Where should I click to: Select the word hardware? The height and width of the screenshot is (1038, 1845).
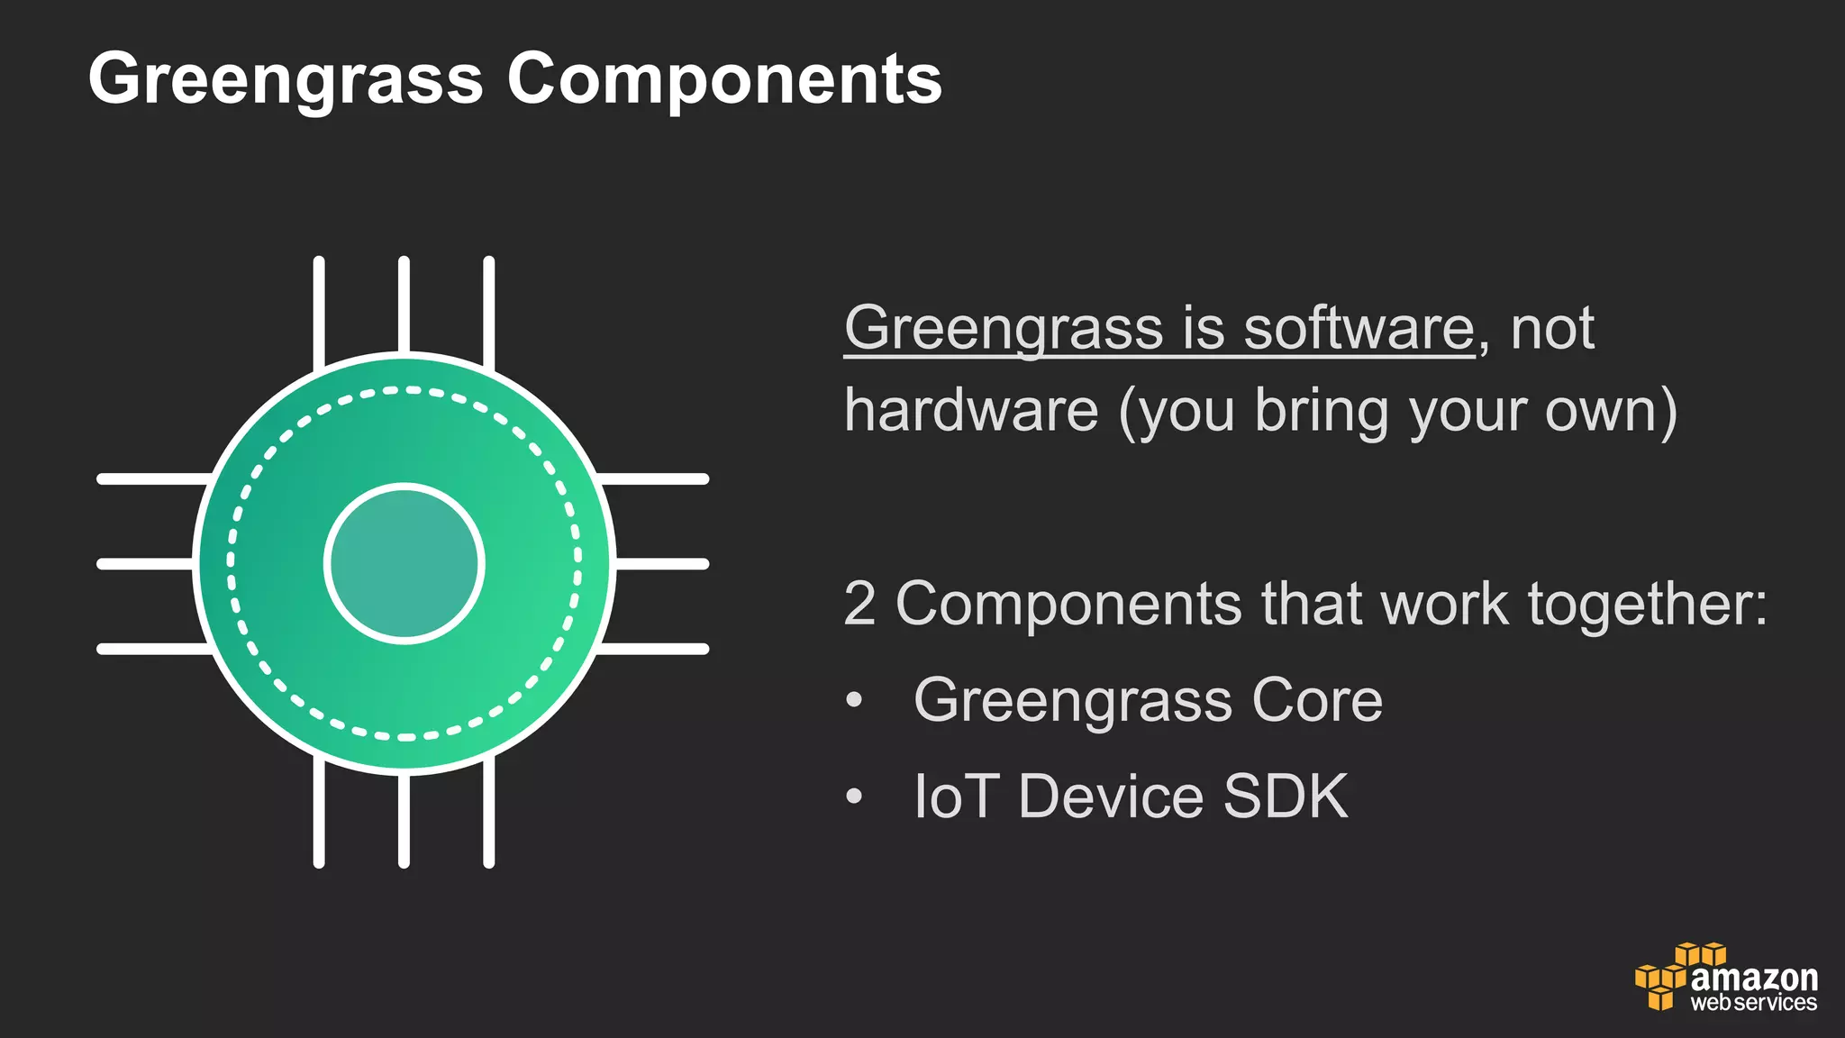click(971, 411)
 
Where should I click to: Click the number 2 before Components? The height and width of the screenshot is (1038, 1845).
click(859, 603)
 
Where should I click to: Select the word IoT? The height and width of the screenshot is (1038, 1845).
click(956, 797)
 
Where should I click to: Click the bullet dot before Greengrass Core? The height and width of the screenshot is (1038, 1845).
click(854, 700)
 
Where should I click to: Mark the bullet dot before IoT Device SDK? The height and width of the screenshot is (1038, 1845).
click(854, 797)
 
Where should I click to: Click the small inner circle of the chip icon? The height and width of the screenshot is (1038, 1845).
click(404, 563)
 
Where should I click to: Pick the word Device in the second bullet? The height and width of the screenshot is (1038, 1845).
click(1111, 797)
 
